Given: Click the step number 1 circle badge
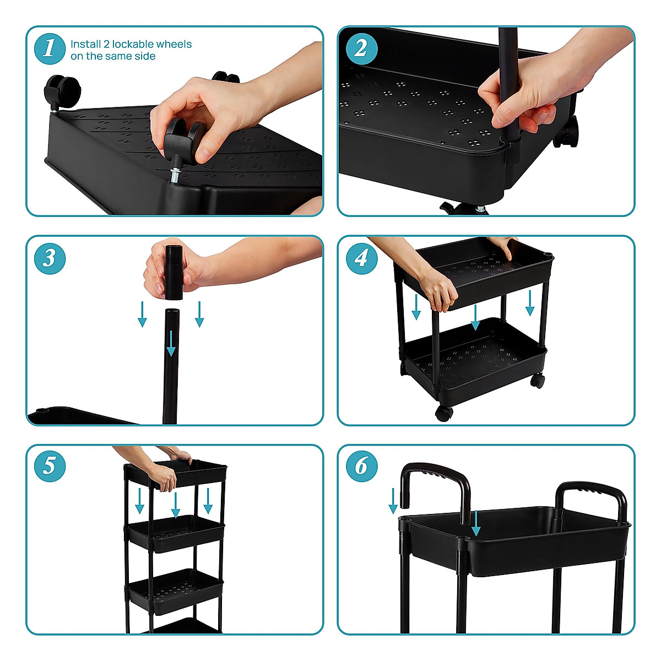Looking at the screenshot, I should click(50, 48).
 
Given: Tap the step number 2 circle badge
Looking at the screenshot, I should click(362, 48).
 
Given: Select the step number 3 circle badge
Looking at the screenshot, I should click(50, 258).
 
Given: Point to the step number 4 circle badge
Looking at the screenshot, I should click(362, 258).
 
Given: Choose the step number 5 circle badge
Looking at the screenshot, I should click(50, 466).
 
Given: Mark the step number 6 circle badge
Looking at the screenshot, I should click(362, 466).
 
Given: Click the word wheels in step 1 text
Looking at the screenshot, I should click(174, 44).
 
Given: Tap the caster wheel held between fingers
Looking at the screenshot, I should click(184, 138).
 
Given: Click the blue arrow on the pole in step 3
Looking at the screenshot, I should click(171, 342).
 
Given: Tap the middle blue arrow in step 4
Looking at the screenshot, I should click(475, 318).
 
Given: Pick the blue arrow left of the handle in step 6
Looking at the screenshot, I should click(393, 500).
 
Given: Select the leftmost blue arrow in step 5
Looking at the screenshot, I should click(139, 500).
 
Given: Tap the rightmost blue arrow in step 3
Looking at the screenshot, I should click(199, 314).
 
